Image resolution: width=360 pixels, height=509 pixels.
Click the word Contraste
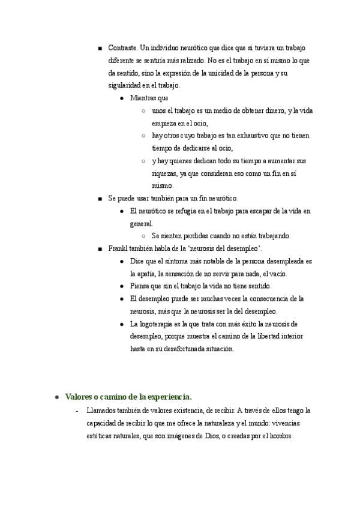click(x=123, y=47)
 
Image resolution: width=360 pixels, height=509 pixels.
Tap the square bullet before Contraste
click(x=100, y=48)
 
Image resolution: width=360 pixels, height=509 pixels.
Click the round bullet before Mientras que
click(x=122, y=98)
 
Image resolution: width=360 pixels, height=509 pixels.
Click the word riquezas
click(x=166, y=173)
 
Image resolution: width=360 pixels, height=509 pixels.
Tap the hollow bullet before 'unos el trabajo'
click(x=143, y=111)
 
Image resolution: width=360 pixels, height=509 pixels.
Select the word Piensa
click(x=140, y=286)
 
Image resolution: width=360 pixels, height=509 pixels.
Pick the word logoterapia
click(x=156, y=324)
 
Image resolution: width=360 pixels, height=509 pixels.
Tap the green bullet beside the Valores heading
click(x=56, y=397)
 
